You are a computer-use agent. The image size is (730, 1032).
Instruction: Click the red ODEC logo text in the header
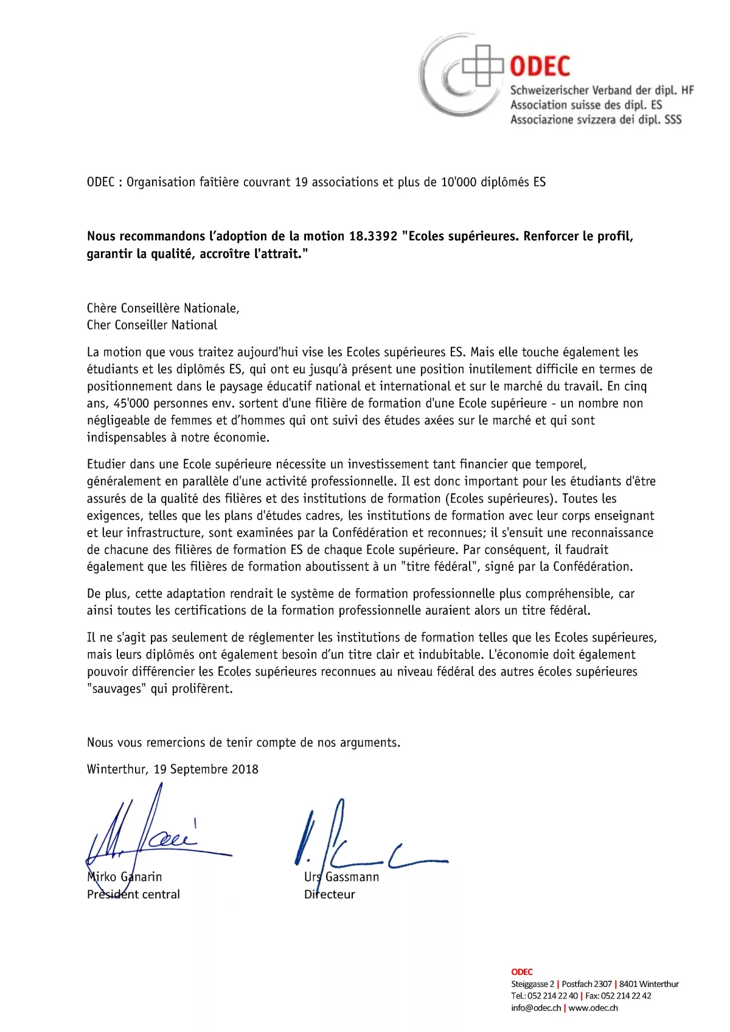(x=540, y=66)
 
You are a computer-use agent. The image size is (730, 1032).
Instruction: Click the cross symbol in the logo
(x=483, y=65)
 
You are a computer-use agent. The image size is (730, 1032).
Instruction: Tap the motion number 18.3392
(x=373, y=236)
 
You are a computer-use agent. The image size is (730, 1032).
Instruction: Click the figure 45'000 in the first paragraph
(x=131, y=403)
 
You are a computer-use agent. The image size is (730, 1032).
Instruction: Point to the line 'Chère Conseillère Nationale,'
(x=163, y=308)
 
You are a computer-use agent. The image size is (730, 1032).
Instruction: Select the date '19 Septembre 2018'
(x=206, y=769)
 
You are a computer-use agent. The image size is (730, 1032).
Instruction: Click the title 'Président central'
(x=133, y=894)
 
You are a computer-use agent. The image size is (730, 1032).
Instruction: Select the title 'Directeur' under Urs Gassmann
(x=329, y=894)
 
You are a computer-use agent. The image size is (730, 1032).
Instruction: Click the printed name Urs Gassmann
(x=341, y=876)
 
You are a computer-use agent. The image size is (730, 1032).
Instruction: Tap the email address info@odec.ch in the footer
(x=536, y=1008)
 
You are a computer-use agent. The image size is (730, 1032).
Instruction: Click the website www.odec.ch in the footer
(x=593, y=1008)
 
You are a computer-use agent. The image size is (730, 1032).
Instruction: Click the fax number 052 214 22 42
(x=626, y=996)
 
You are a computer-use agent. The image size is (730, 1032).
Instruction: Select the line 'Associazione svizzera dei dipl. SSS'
(x=596, y=120)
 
